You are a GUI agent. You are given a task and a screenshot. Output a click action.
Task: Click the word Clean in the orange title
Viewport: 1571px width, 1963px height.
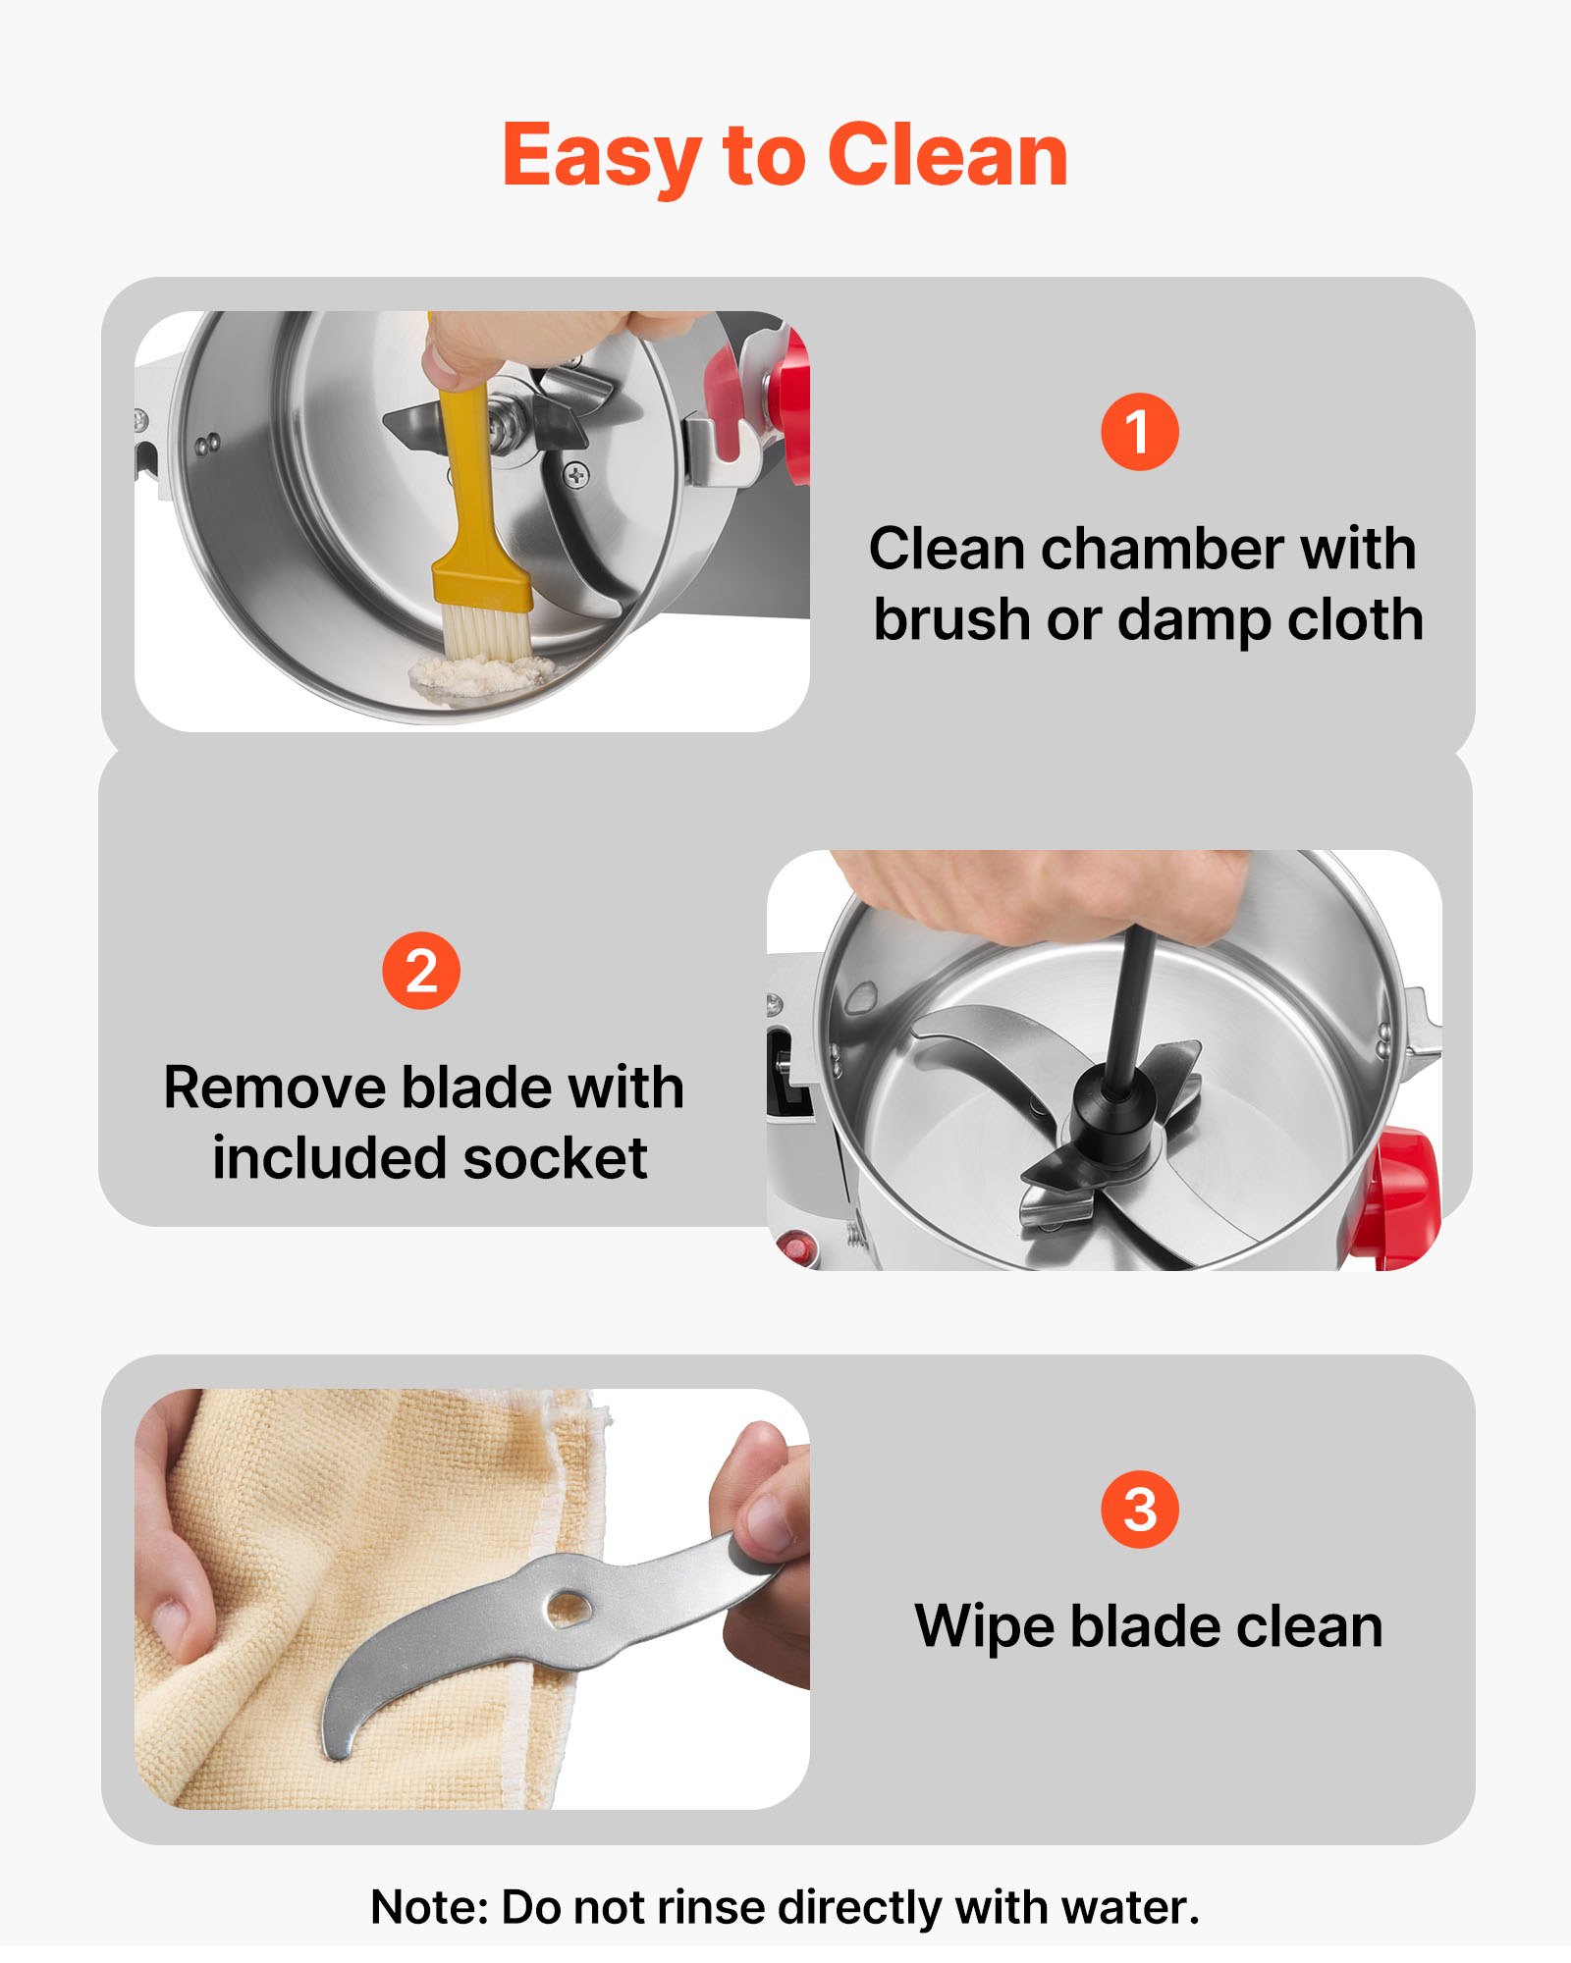tap(948, 155)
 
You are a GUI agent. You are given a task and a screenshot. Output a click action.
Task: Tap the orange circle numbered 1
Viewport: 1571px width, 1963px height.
tap(1139, 432)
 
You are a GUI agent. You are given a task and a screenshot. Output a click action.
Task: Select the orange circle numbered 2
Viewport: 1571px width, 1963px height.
tap(421, 971)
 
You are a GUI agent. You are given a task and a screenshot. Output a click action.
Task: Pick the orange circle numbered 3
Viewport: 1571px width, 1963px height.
tap(1140, 1511)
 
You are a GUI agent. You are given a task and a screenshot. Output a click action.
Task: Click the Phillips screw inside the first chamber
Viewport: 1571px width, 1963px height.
tap(576, 476)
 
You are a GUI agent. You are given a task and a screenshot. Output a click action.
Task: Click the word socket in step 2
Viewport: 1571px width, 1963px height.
tap(555, 1158)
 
